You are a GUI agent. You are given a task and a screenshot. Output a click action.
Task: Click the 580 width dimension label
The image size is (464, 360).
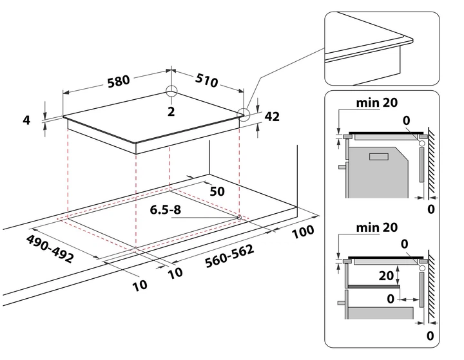[119, 81]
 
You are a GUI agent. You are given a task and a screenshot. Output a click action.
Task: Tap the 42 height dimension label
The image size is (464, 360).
[271, 117]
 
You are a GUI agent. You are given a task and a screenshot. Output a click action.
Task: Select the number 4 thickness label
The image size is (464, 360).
[26, 120]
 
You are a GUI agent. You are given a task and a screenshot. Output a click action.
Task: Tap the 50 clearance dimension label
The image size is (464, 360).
[217, 191]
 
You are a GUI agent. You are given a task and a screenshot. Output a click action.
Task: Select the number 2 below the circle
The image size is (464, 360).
[171, 111]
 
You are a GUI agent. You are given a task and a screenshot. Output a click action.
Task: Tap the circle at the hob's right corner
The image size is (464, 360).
[244, 115]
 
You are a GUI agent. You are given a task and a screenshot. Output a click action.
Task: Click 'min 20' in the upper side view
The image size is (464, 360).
[376, 102]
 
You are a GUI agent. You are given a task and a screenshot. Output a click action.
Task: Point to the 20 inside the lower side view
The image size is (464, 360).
[387, 275]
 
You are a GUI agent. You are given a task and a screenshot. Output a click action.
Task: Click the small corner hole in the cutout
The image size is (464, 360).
[239, 217]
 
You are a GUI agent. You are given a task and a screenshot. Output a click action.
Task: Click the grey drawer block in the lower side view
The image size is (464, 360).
[380, 313]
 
